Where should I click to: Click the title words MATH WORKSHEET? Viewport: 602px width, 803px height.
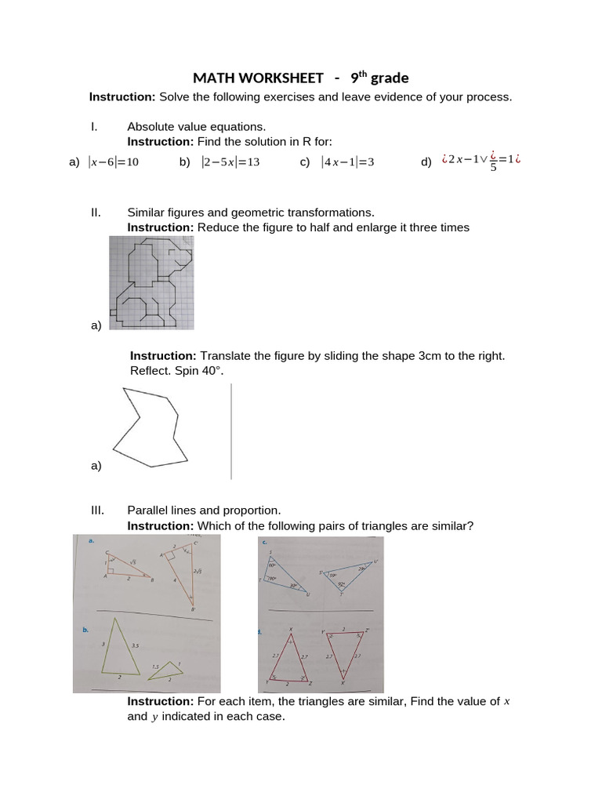coord(258,78)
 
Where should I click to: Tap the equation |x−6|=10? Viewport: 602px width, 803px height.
coord(114,162)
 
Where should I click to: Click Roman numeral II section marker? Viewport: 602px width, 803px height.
coord(96,213)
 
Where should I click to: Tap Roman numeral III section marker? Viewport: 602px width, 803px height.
coord(98,510)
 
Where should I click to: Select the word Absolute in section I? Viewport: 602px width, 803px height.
coord(150,126)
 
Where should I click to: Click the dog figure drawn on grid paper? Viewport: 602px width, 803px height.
coord(150,282)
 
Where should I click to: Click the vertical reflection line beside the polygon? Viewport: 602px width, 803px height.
coord(231,431)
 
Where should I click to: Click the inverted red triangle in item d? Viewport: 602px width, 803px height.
coord(344,651)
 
